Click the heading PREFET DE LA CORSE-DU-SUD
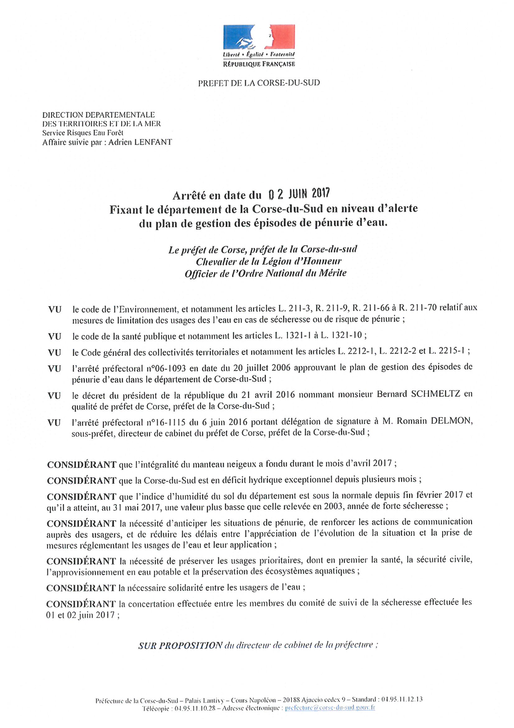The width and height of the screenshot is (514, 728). point(259,83)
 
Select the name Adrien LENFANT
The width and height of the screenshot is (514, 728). point(140,142)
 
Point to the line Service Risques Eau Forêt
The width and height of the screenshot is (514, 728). point(83,133)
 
